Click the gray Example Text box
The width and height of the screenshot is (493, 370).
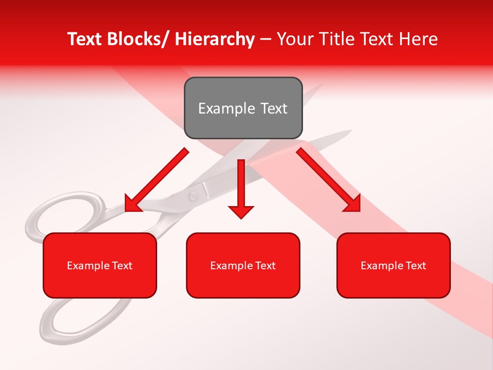pyautogui.click(x=243, y=108)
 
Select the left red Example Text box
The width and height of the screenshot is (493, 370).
pyautogui.click(x=100, y=265)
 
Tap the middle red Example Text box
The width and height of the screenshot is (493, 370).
pyautogui.click(x=243, y=265)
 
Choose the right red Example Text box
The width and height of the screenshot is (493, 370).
pyautogui.click(x=393, y=265)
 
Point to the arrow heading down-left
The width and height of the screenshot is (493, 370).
pyautogui.click(x=157, y=180)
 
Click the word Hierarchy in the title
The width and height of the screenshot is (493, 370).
pyautogui.click(x=215, y=40)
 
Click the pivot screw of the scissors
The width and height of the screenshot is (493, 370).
pyautogui.click(x=194, y=195)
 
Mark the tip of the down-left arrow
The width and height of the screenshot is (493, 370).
pyautogui.click(x=128, y=210)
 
